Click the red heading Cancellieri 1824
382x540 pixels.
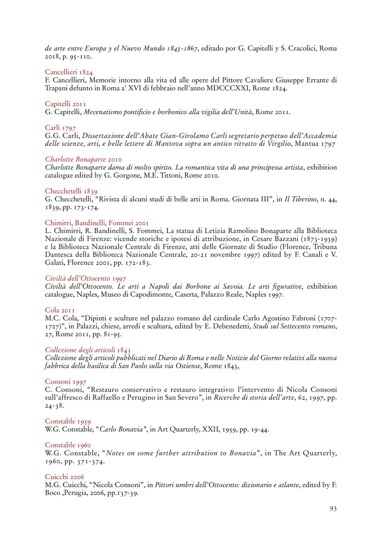[x=69, y=72]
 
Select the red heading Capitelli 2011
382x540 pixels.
[x=65, y=104]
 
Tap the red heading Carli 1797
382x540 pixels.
[x=60, y=128]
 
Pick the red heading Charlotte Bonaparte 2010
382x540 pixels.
[x=83, y=160]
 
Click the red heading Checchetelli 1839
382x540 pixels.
[x=71, y=191]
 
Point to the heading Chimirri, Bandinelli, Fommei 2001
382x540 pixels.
[x=97, y=223]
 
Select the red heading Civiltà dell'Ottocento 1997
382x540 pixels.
[x=85, y=278]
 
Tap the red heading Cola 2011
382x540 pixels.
[x=60, y=310]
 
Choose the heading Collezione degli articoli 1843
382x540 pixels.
[x=88, y=350]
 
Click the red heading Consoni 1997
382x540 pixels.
[x=65, y=382]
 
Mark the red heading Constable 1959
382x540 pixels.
[x=68, y=422]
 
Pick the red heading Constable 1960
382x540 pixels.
[x=68, y=445]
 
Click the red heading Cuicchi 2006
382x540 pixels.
[x=64, y=477]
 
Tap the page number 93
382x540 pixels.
[x=333, y=509]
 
